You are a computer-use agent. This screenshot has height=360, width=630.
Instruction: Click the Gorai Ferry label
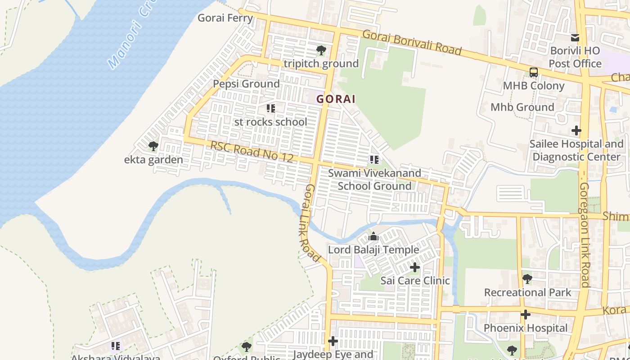pos(225,18)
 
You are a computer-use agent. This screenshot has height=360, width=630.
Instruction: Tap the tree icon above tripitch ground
pos(321,50)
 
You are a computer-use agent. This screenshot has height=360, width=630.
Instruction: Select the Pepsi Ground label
pos(246,84)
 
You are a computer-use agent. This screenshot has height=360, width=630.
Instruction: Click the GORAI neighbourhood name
pos(336,99)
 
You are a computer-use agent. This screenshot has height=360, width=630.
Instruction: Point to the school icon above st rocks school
pos(270,108)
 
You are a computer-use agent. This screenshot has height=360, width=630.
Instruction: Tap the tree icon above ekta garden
pos(153,146)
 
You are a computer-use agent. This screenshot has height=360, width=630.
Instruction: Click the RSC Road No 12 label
pos(252,151)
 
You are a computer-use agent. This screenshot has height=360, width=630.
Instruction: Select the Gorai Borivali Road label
pos(412,42)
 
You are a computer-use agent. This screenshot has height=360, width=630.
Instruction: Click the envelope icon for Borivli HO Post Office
pos(575,38)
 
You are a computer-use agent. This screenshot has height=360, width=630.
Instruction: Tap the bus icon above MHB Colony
pos(533,72)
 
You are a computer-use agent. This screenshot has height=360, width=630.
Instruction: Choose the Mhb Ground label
pos(522,107)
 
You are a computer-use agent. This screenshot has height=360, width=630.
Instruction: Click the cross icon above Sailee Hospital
pos(576,131)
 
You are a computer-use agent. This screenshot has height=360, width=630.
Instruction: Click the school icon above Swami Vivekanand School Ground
pos(374,159)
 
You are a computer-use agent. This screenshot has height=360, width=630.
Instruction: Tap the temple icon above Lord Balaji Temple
pos(373,236)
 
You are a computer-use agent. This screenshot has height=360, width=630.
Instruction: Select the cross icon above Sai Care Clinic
pos(414,268)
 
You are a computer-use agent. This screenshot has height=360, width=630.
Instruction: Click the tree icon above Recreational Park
pos(527,279)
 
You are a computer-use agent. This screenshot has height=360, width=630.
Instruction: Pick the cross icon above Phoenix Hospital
pos(525,315)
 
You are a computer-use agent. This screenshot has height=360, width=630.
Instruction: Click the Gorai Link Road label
pos(312,223)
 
